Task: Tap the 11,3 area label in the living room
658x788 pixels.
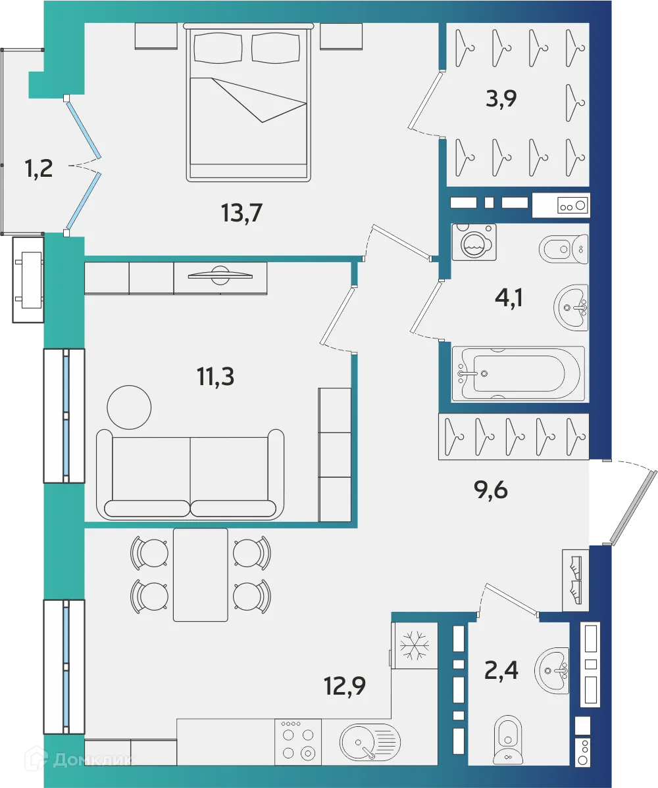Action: click(x=215, y=377)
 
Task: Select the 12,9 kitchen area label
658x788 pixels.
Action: click(x=344, y=687)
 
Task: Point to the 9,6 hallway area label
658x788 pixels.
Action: click(x=491, y=490)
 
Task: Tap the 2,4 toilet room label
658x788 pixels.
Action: click(x=502, y=672)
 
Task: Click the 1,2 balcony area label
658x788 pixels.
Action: click(x=39, y=170)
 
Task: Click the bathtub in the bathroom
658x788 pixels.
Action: click(x=518, y=373)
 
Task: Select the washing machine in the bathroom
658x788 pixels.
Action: click(x=474, y=243)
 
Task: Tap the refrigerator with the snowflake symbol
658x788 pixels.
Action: click(x=415, y=645)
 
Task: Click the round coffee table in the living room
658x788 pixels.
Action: click(x=129, y=406)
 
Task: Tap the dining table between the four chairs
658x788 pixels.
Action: click(x=201, y=574)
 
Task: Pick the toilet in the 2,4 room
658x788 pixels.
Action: click(x=507, y=740)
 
